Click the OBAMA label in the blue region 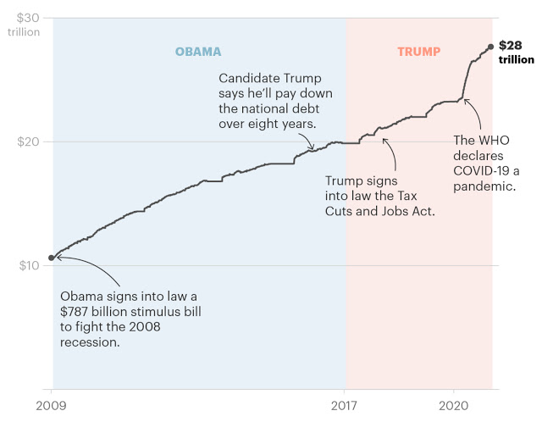[198, 51]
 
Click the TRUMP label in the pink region [418, 51]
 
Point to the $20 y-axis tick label [28, 142]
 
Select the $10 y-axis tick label [28, 266]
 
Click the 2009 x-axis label [52, 406]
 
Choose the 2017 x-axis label [346, 406]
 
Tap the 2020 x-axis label [453, 406]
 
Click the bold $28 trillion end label [516, 53]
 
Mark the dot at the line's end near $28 [491, 47]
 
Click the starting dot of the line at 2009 [52, 258]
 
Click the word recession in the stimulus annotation [88, 341]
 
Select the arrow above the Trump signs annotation [389, 150]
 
